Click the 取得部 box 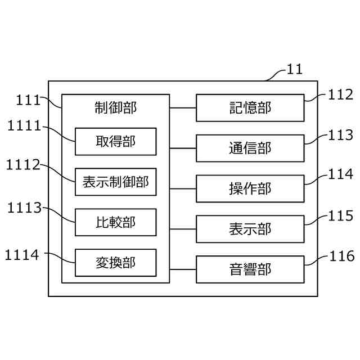click(x=115, y=141)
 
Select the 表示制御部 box click(x=115, y=182)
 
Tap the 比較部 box click(x=115, y=222)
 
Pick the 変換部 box click(x=115, y=263)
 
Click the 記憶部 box click(x=250, y=107)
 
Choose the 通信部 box click(x=250, y=148)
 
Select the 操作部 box click(x=250, y=188)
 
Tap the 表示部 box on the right click(x=250, y=229)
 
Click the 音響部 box click(x=250, y=269)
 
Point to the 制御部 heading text click(x=116, y=107)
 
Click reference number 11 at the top click(x=295, y=70)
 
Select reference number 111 click(x=28, y=100)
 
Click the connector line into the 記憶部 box click(x=183, y=107)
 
